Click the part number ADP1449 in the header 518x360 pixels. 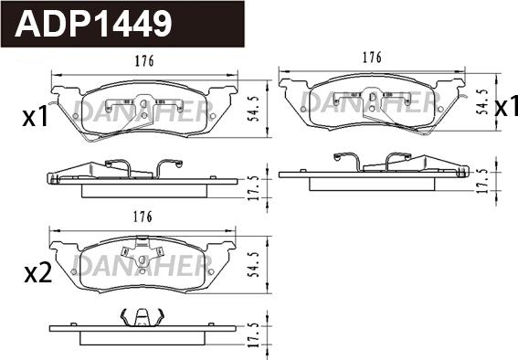pos(93,23)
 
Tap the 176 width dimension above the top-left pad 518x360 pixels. pos(144,61)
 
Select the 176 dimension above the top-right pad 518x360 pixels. pos(372,58)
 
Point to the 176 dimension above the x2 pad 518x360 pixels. pos(143,217)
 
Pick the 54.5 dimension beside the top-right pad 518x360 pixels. pos(483,101)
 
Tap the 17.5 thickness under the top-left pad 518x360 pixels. pos(254,188)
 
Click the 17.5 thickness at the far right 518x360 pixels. pos(482,181)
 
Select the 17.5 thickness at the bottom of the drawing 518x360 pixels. pos(254,335)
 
